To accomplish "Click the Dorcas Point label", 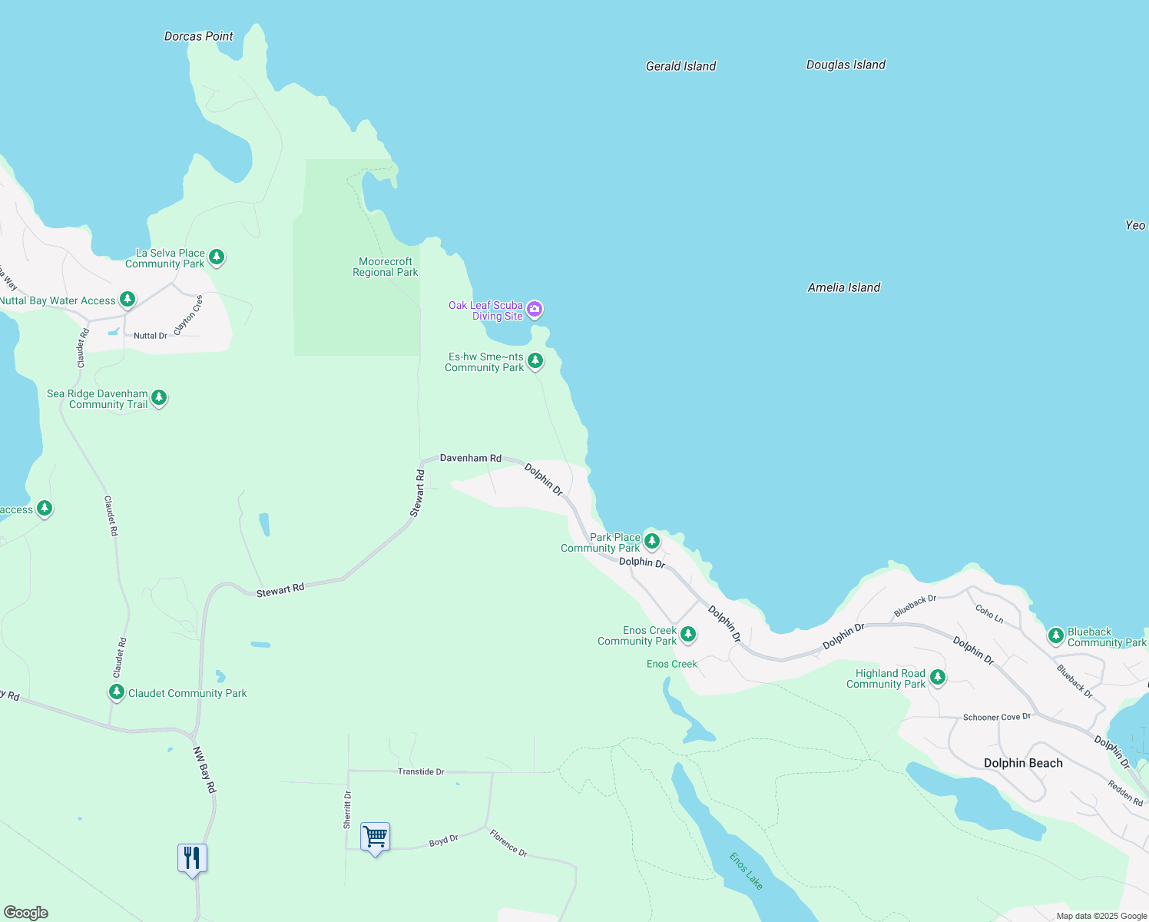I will (x=198, y=36).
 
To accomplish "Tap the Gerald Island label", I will (x=680, y=66).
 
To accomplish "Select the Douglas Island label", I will (x=846, y=65).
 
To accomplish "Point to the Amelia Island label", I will (x=843, y=287).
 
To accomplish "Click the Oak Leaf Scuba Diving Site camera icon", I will (x=535, y=310).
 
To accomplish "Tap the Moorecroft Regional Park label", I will (x=385, y=267).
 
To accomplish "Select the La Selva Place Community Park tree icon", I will (x=217, y=257).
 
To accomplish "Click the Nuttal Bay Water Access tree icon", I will (x=127, y=299).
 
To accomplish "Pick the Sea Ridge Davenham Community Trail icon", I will (x=159, y=397).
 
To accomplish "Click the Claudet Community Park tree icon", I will (x=116, y=691).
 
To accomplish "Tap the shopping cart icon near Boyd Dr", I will (x=375, y=837).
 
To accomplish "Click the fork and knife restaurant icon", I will (x=192, y=857).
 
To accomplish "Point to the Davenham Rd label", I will (x=470, y=458).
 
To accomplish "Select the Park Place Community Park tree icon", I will (x=651, y=541).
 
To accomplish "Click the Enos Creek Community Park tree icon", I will (x=688, y=634).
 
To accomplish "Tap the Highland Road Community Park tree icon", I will (x=937, y=677).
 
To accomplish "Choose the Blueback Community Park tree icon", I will (x=1056, y=635).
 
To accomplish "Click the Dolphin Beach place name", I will (x=1023, y=763).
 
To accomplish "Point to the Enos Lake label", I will (x=746, y=871).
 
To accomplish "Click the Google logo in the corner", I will (x=26, y=913).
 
